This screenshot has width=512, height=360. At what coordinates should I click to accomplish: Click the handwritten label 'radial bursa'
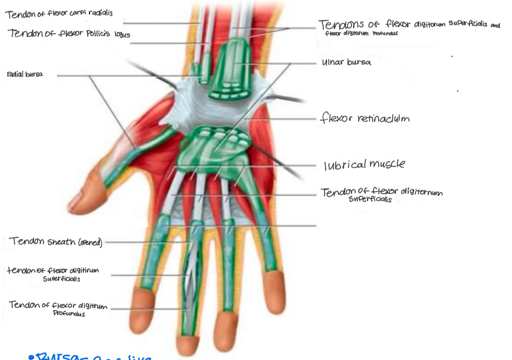coord(25,74)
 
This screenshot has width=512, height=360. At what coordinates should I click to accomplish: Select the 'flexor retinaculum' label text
coord(364,118)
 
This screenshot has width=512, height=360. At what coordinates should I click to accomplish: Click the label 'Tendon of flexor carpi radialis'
coord(59,13)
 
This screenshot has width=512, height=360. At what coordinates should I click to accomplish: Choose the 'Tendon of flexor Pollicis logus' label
coord(68,34)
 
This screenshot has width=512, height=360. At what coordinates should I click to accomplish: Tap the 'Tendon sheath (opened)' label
coord(56,241)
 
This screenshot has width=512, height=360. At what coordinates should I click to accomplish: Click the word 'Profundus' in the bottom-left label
coord(69,314)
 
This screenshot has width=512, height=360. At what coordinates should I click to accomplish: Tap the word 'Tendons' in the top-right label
coord(340,24)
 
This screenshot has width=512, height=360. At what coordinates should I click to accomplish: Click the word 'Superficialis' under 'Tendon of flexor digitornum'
coord(370,200)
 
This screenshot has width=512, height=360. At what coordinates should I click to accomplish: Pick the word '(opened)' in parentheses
coord(89,242)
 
